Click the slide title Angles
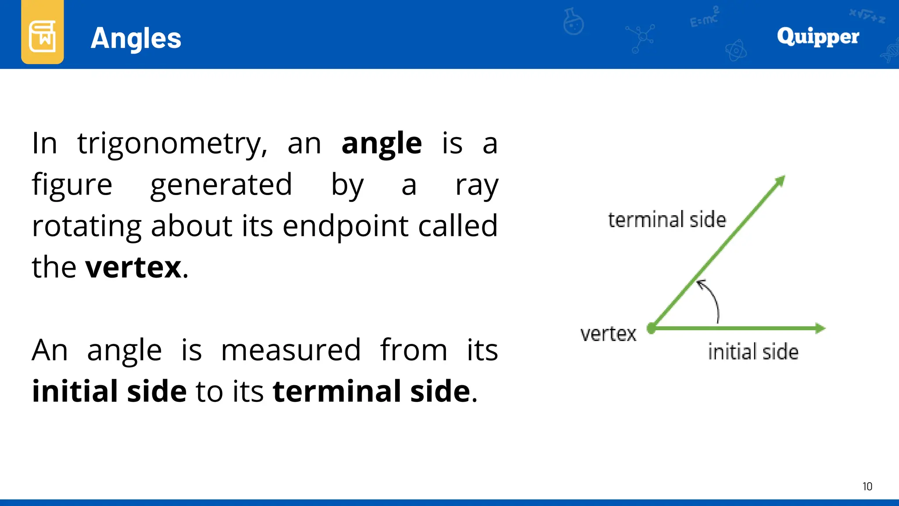(x=136, y=38)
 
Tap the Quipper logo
(x=818, y=36)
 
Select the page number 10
(x=867, y=486)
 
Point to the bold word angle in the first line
(x=381, y=144)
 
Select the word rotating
(x=86, y=227)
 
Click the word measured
(x=291, y=350)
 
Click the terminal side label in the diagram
(x=667, y=220)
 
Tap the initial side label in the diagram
(x=753, y=352)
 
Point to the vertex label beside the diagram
(x=608, y=334)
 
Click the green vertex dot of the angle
(x=652, y=328)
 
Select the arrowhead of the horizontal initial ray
(x=820, y=328)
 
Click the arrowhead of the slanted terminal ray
(x=780, y=181)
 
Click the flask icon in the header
(x=573, y=22)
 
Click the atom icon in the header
(x=736, y=51)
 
